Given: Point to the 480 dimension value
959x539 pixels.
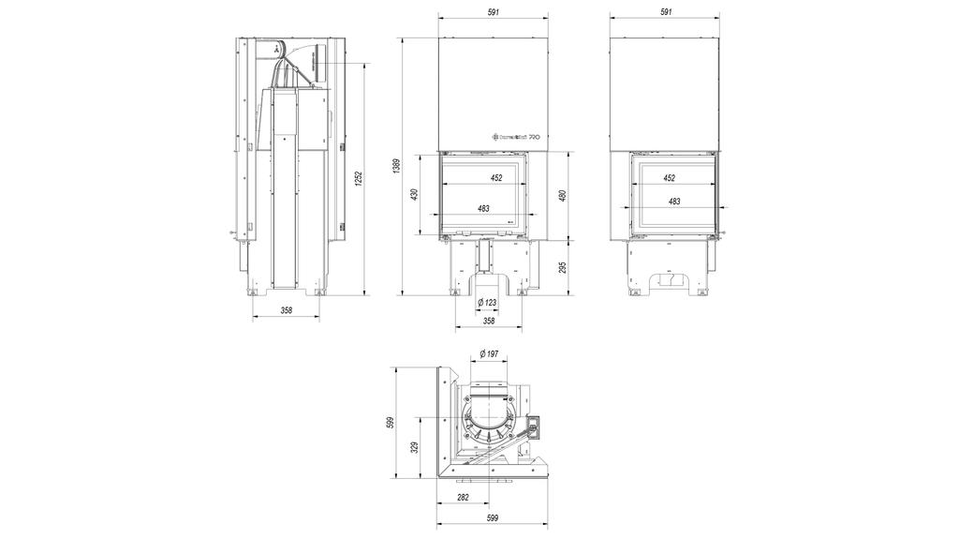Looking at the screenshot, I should coord(563,194).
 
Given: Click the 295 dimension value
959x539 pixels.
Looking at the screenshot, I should coord(563,267).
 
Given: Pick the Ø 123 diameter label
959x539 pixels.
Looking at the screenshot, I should coord(488,303).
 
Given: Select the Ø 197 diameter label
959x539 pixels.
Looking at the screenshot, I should coord(488,353).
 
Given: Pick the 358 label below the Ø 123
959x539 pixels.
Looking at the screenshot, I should coord(488,321).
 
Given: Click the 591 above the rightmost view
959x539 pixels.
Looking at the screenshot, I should coord(666,12).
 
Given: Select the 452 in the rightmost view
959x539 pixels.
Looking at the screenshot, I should coord(670,177).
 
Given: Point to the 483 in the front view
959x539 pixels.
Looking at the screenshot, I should coord(484,208).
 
